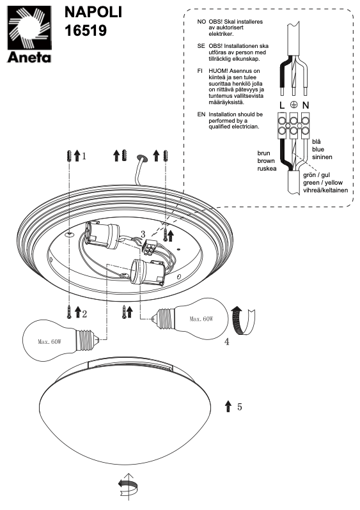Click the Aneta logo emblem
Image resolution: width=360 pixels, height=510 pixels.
(29, 28)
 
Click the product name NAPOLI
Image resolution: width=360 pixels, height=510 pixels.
(93, 12)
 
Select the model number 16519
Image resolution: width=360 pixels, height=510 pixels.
(86, 30)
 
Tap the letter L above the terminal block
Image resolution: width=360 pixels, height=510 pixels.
(282, 105)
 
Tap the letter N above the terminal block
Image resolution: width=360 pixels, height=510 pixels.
(305, 105)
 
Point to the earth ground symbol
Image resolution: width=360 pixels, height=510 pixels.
(294, 104)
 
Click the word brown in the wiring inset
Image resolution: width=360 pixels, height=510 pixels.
(266, 160)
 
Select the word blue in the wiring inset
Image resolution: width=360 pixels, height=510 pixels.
(318, 150)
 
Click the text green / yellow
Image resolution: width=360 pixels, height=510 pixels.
(323, 183)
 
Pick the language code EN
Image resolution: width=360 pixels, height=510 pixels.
(201, 114)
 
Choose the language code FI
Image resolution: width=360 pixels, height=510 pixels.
(200, 71)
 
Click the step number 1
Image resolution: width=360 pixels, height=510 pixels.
(84, 157)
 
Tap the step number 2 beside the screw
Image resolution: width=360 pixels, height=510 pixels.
(84, 314)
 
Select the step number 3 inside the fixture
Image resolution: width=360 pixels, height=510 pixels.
(143, 234)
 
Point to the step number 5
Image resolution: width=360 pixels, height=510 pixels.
(240, 406)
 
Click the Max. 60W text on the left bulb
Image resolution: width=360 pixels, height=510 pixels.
(49, 342)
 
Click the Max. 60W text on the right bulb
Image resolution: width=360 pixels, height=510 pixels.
(201, 319)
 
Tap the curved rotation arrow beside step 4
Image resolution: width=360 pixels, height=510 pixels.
(242, 321)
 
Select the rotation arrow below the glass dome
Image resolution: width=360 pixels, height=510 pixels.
(128, 487)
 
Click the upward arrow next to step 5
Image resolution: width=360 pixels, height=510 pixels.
(228, 406)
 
